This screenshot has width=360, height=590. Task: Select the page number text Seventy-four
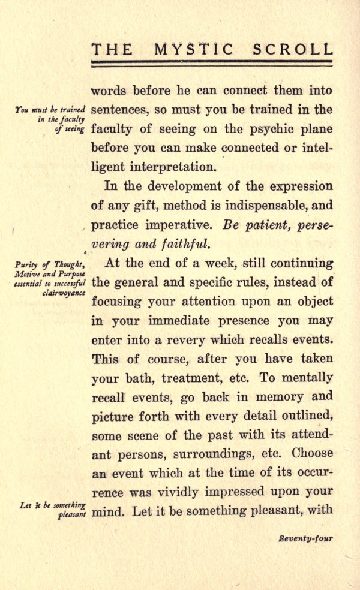tap(305, 538)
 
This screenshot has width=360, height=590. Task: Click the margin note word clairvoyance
tap(64, 293)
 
